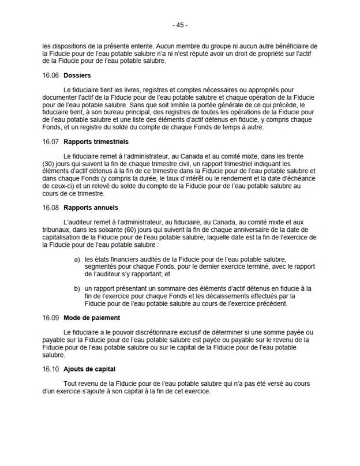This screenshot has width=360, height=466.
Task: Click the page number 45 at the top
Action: click(180, 25)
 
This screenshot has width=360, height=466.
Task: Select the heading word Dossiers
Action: click(77, 76)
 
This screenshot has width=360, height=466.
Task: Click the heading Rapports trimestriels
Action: click(96, 141)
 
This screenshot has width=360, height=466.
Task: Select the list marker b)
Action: click(77, 288)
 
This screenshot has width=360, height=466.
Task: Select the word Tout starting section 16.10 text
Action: click(71, 384)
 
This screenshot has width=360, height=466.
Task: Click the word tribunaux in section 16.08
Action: click(57, 230)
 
